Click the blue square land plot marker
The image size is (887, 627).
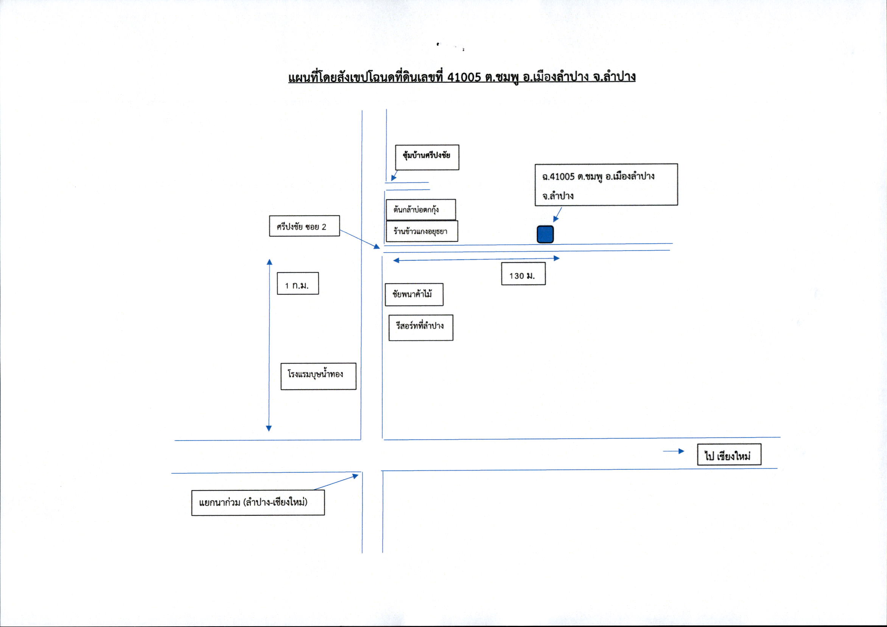tap(545, 234)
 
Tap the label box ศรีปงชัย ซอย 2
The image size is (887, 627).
tap(304, 226)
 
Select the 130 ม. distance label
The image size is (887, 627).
tap(523, 274)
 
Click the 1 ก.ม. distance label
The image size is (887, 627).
tap(298, 283)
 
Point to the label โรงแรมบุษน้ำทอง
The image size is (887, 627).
tap(318, 376)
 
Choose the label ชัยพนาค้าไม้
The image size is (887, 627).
tap(414, 295)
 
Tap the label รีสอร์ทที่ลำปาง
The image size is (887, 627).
tap(421, 328)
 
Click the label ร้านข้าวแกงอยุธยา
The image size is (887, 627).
tap(422, 231)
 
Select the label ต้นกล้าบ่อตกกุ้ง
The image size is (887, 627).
tap(421, 210)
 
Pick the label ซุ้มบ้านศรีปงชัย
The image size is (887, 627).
tap(427, 158)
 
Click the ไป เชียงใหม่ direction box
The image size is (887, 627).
tap(729, 455)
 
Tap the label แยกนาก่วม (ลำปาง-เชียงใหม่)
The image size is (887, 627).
tap(258, 503)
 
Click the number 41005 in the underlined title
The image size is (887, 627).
tap(464, 77)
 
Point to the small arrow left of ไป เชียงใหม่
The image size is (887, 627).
tap(674, 451)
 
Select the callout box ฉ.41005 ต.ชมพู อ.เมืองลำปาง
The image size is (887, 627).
tap(606, 184)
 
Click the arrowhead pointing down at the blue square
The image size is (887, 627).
tap(556, 219)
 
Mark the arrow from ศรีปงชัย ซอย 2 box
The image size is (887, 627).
tap(360, 239)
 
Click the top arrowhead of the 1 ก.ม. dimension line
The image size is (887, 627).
tap(270, 262)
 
